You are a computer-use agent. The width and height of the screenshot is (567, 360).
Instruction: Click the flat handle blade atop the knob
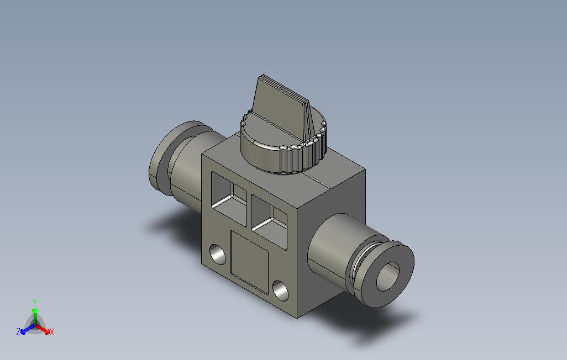[x=280, y=107]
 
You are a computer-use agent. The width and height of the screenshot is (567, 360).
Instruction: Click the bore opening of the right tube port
[x=387, y=277]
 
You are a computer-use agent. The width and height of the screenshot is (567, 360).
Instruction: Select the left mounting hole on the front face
[x=217, y=255]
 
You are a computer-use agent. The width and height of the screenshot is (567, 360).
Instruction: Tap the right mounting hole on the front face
[x=281, y=290]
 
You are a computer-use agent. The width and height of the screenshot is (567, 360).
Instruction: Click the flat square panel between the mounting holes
[x=249, y=262]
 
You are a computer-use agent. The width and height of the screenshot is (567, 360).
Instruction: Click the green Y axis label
[x=35, y=302]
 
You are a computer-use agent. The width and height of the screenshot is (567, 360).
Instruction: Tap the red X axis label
[x=52, y=332]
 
